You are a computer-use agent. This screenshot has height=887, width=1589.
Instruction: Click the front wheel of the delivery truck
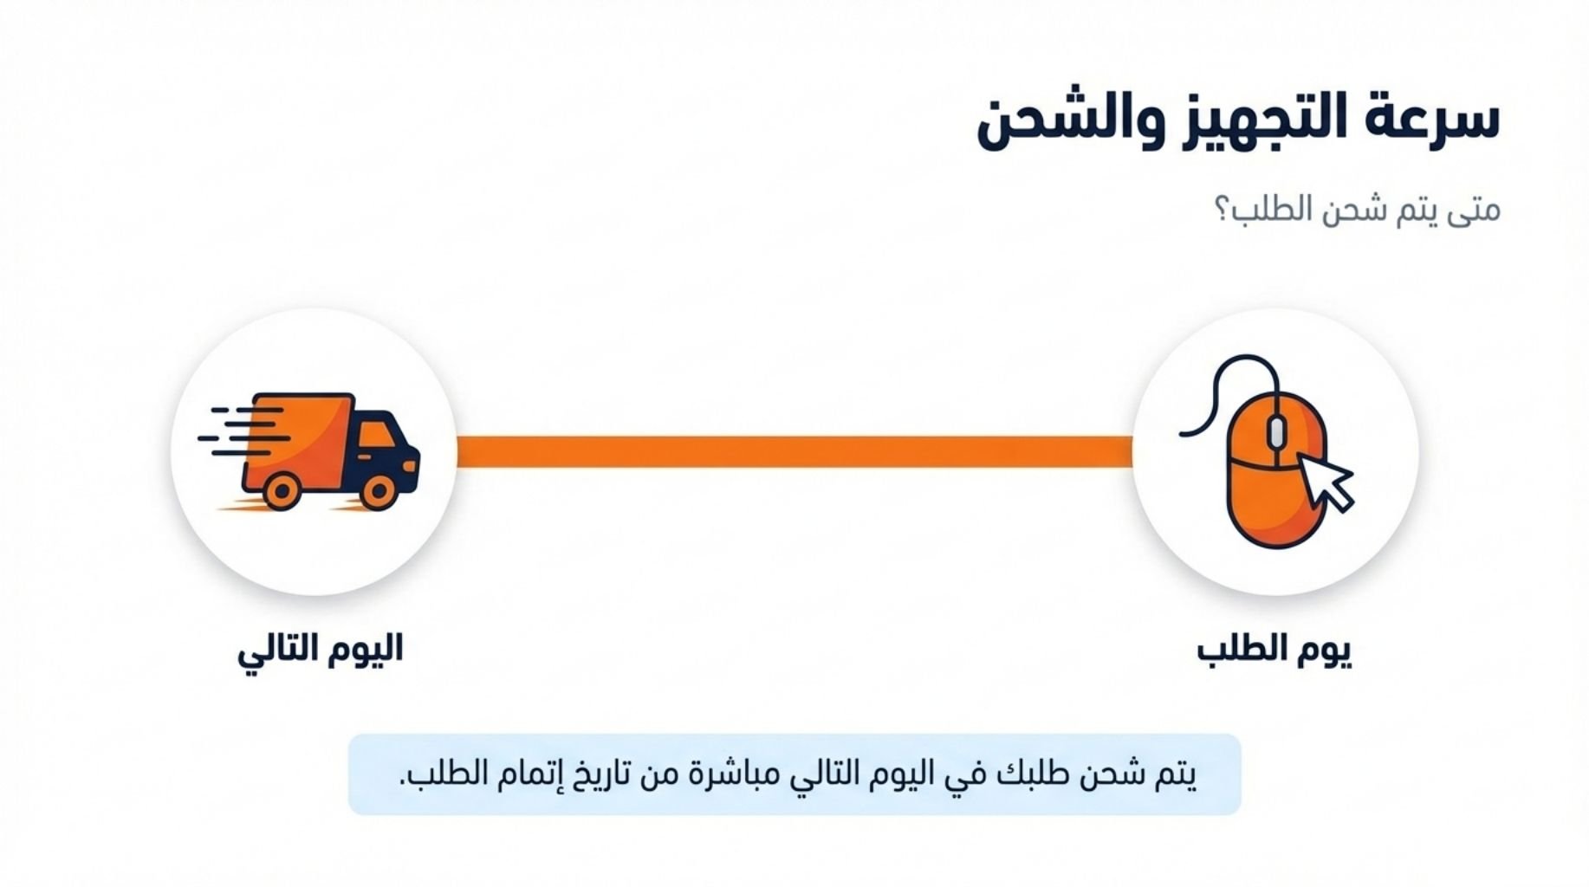click(x=379, y=492)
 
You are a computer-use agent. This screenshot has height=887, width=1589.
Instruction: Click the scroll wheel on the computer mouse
click(x=1276, y=433)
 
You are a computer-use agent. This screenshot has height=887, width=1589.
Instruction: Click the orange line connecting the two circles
click(x=794, y=451)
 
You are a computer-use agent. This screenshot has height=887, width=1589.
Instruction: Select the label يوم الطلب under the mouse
click(x=1274, y=650)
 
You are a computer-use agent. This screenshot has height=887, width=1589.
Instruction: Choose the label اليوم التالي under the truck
click(x=321, y=650)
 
